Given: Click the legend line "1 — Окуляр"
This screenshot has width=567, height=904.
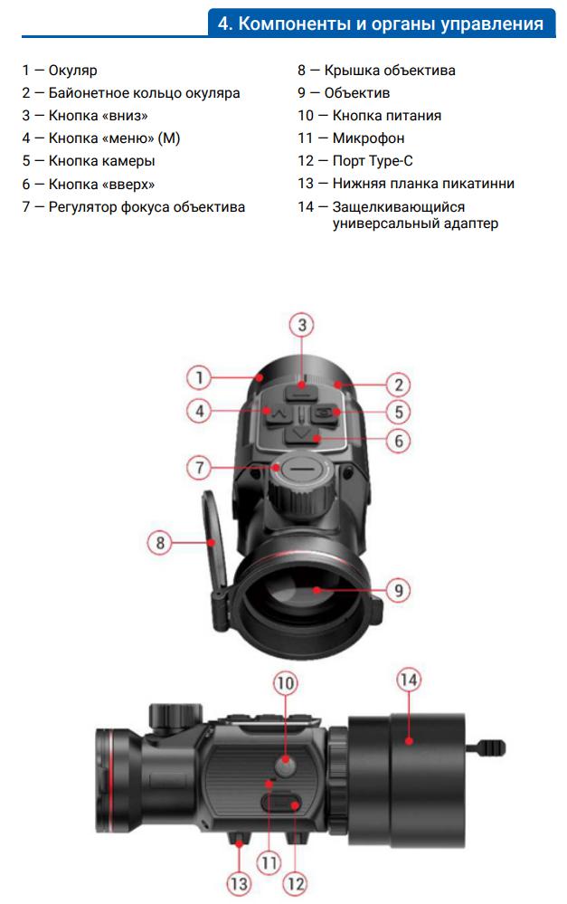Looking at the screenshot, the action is coord(60,71).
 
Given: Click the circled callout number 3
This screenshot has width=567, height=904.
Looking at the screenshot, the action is coord(302,325).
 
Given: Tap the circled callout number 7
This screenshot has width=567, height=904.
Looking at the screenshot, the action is coord(199,467).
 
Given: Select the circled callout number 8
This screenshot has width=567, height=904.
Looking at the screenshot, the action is coord(160,543).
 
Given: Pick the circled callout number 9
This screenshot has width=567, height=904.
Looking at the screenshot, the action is coord(398,590).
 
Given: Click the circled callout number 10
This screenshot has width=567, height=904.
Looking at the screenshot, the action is coord(285,684).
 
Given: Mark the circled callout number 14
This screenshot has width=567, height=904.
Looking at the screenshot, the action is coord(408,680).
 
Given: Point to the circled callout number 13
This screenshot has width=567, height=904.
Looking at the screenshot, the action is coord(239,883).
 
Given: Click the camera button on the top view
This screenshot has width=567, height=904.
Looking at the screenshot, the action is coord(325,413).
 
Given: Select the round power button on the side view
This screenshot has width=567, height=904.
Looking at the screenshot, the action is coord(285,766).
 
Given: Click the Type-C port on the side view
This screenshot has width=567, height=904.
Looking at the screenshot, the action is coord(281,803).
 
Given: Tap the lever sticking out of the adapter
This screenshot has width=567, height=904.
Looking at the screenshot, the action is coord(486,748).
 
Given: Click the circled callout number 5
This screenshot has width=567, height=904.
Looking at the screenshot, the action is coord(398,413).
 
